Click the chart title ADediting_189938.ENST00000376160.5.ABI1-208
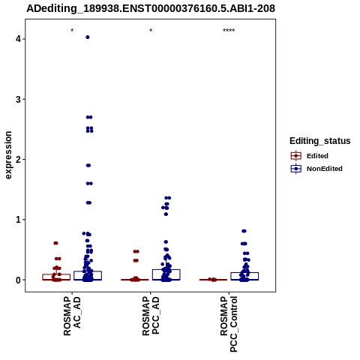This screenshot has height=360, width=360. click(151, 8)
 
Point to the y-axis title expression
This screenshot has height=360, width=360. click(8, 155)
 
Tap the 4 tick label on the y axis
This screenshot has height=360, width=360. click(18, 39)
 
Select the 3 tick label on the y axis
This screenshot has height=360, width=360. click(18, 99)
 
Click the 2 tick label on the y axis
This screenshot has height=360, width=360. click(18, 160)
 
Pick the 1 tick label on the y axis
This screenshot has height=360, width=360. click(18, 220)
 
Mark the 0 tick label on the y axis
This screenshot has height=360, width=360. click(18, 280)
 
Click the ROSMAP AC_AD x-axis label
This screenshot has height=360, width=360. click(72, 316)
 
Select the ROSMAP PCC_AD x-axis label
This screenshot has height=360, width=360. click(151, 316)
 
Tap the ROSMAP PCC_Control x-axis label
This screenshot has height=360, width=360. click(229, 324)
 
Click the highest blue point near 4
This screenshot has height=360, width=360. click(88, 37)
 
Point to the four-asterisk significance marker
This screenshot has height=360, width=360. click(229, 31)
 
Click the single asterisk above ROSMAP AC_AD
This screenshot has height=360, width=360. click(72, 31)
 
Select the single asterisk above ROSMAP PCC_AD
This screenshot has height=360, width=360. click(151, 31)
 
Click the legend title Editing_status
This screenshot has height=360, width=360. click(319, 141)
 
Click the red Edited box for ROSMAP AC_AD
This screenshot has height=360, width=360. click(56, 277)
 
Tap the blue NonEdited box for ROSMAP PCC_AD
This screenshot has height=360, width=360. click(166, 274)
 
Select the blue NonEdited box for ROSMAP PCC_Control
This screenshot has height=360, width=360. click(244, 276)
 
